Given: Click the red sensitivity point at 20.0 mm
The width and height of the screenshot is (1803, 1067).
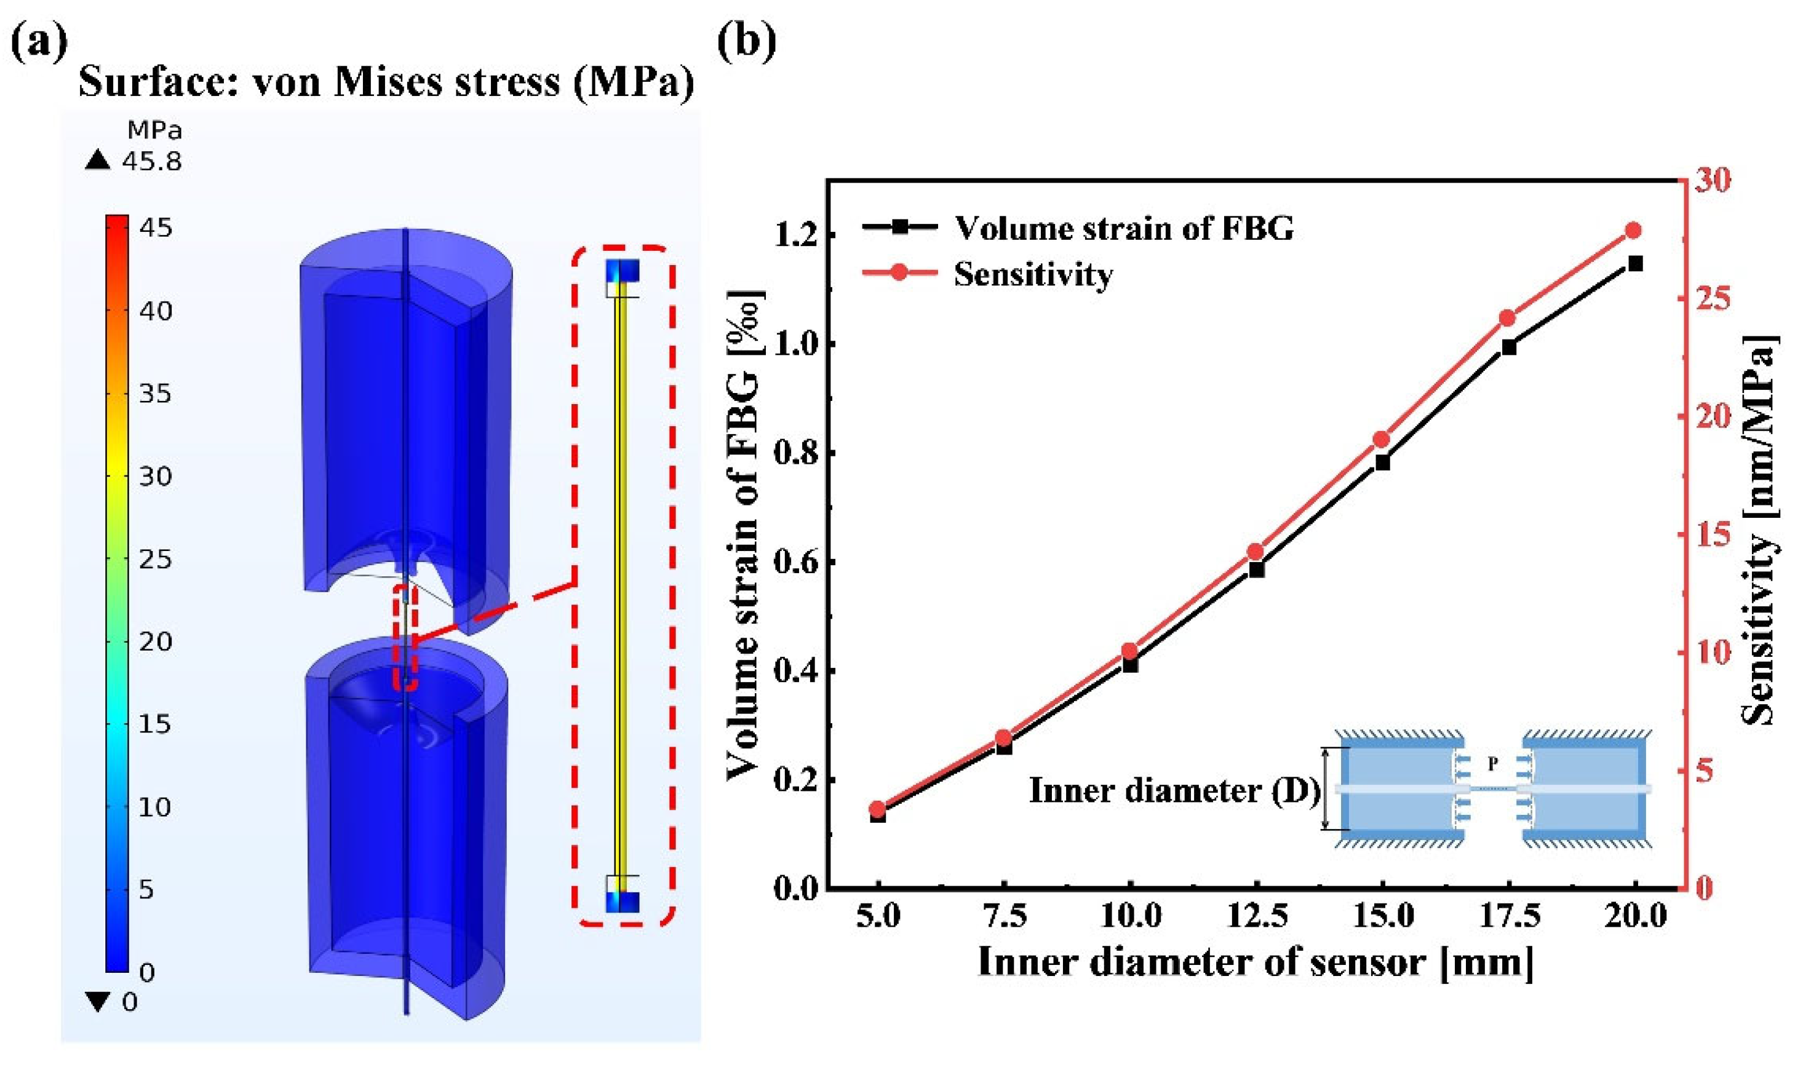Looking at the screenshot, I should click(x=1634, y=231).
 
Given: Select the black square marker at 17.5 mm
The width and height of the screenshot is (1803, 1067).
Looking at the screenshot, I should click(x=1509, y=347).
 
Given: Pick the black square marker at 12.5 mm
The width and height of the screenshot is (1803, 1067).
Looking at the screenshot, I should click(x=1256, y=569).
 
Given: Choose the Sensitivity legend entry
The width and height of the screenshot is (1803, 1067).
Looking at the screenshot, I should click(x=1033, y=274).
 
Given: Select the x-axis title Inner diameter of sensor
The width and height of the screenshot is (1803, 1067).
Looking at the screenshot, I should click(x=1255, y=962).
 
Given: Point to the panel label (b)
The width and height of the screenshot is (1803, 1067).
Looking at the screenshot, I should click(x=747, y=40).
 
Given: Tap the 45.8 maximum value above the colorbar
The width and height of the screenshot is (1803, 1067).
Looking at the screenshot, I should click(x=152, y=161).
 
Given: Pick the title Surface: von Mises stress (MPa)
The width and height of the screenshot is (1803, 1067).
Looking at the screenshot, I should click(x=386, y=82).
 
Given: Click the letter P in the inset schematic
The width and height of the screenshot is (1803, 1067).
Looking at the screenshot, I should click(x=1492, y=764).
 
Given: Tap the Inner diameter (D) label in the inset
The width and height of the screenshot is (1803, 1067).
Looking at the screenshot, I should click(x=1174, y=791).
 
